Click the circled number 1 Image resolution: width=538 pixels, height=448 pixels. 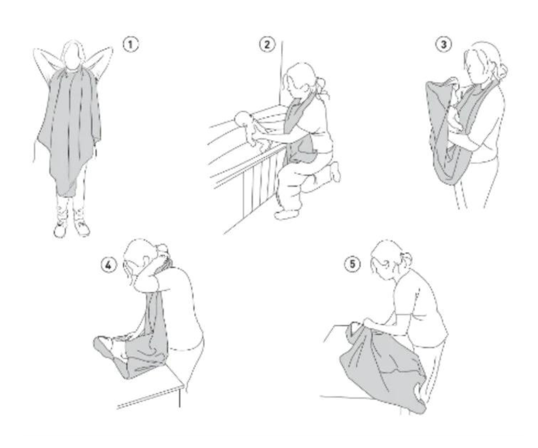(x=131, y=45)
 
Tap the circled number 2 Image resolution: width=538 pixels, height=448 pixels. (x=267, y=44)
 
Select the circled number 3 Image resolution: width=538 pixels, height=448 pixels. (x=444, y=44)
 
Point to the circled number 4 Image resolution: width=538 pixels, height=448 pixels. (x=109, y=265)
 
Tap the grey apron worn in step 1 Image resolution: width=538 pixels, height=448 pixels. (x=70, y=130)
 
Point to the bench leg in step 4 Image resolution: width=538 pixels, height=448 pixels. (x=179, y=398)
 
